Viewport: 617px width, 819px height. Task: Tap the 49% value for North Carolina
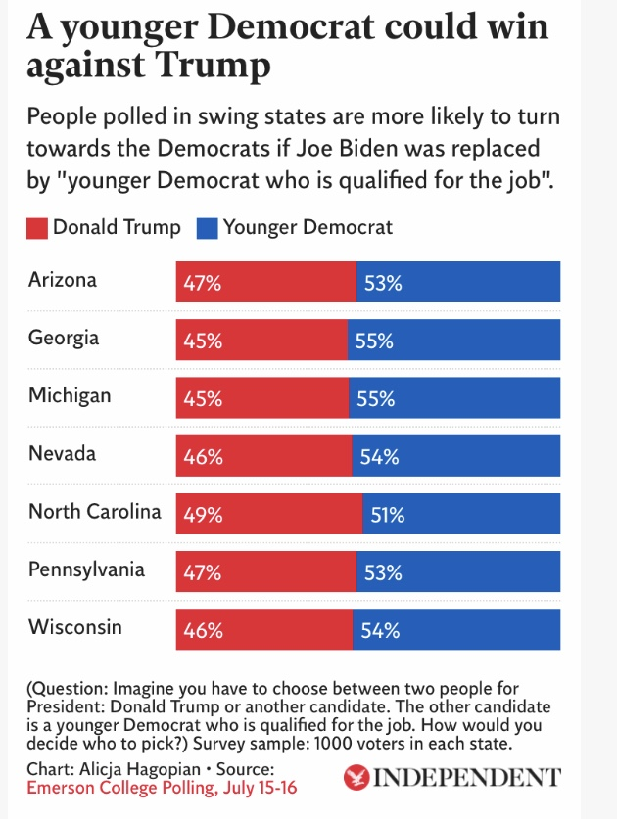point(203,514)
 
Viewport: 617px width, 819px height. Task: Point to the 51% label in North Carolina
point(386,514)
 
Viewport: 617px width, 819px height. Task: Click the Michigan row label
point(70,396)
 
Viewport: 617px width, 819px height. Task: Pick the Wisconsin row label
point(75,627)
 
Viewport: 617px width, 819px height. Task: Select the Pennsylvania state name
point(86,569)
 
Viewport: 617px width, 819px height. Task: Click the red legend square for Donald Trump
point(38,228)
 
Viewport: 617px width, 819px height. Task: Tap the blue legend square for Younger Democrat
point(208,228)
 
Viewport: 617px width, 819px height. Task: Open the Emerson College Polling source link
point(162,788)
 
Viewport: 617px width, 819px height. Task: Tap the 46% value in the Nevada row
point(203,456)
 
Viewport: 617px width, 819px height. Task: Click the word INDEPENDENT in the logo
point(468,779)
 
